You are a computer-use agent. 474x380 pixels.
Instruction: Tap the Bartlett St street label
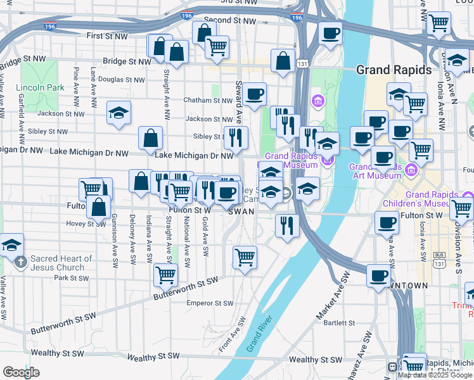338,322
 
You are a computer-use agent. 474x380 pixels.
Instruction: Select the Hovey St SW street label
86,223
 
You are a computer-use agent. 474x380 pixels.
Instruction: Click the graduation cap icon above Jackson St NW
118,113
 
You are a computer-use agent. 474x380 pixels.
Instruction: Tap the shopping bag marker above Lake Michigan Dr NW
151,137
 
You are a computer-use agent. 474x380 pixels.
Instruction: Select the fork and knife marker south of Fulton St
287,225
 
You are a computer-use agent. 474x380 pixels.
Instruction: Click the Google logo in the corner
21,372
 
